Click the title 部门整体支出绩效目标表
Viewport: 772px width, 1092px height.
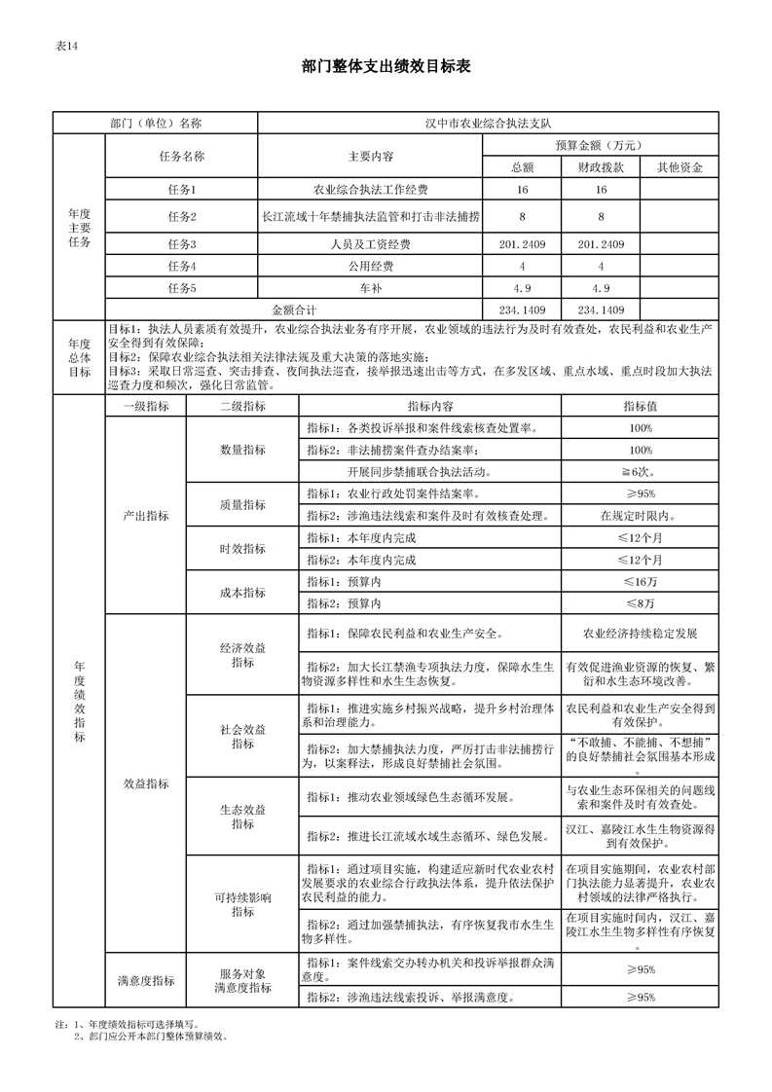point(386,66)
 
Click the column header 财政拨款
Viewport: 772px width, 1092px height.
point(601,166)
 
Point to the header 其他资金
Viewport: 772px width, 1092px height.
point(680,166)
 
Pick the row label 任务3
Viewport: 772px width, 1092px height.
point(181,243)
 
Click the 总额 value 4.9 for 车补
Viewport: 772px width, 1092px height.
point(522,288)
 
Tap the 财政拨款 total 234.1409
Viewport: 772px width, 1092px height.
point(601,309)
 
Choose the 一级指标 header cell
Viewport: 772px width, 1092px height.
point(145,406)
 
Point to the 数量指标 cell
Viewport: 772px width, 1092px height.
point(241,450)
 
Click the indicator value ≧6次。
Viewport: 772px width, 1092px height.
point(640,471)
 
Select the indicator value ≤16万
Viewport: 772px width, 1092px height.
point(640,581)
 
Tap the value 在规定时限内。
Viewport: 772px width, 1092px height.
point(640,515)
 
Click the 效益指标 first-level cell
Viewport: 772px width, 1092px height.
point(145,783)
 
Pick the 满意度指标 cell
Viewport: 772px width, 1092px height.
point(145,980)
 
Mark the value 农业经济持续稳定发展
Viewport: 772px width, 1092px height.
point(640,634)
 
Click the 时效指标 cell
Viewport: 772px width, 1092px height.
point(241,549)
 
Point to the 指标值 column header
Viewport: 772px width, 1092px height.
point(640,406)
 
